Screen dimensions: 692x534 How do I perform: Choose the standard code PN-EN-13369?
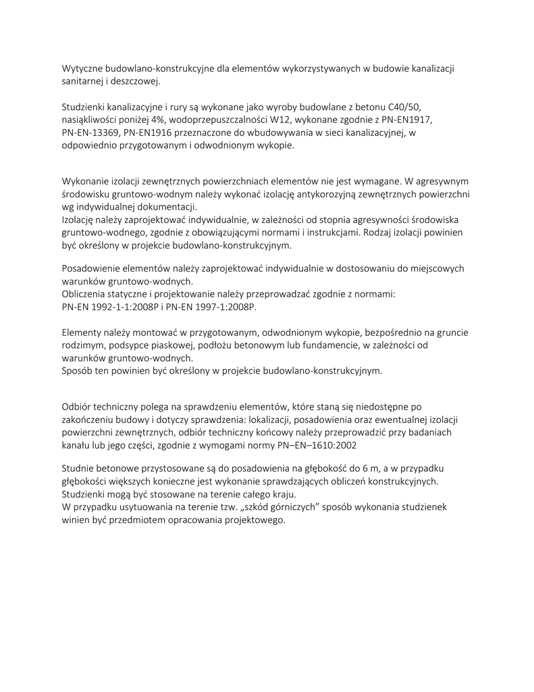click(x=90, y=132)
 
